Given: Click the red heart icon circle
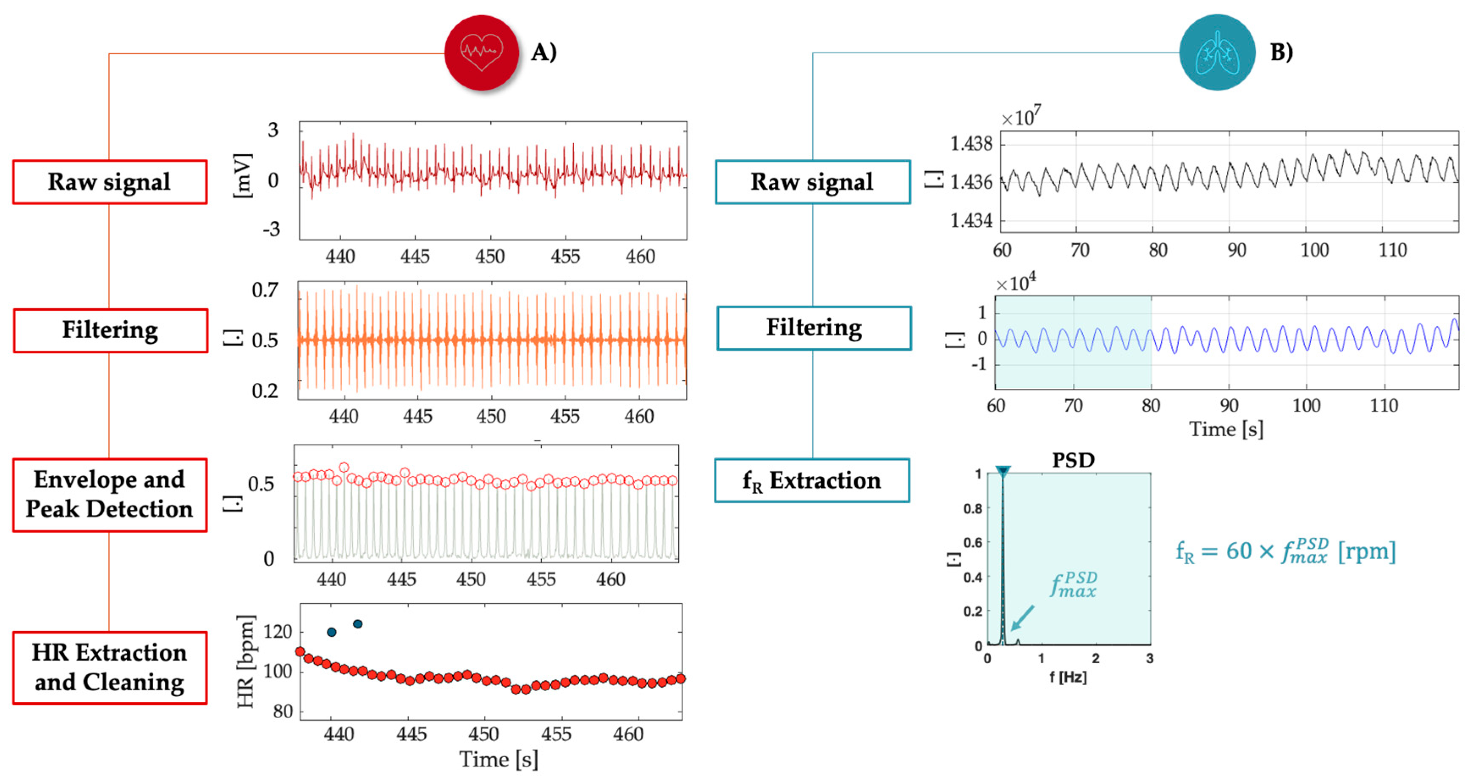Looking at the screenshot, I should [x=481, y=52].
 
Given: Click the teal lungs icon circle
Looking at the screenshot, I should [x=1217, y=52].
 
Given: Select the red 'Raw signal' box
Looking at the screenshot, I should [x=110, y=181].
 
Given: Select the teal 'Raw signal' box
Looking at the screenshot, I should [x=812, y=181].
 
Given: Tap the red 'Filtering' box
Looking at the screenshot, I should [x=110, y=330].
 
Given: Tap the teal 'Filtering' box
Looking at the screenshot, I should [x=814, y=328].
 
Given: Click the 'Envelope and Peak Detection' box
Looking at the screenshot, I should [x=110, y=495].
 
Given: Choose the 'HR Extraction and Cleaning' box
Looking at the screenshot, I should [x=110, y=667].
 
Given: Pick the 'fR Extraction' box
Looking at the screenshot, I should [x=812, y=480].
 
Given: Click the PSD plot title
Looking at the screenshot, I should [x=1073, y=460].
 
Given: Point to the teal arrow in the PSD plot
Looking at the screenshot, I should [x=1022, y=618].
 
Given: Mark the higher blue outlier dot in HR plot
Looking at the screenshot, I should [x=358, y=624].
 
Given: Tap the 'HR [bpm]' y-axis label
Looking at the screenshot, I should [x=246, y=661].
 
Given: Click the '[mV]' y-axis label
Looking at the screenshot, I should [x=243, y=175].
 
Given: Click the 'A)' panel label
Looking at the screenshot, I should [x=544, y=52].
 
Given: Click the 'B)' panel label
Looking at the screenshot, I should [x=1281, y=52].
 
